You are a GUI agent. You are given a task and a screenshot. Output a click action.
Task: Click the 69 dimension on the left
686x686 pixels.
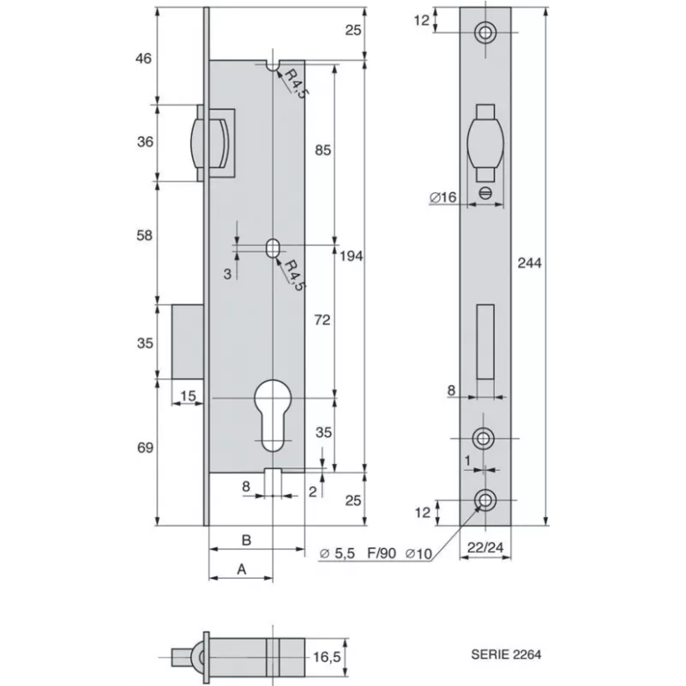pos(145,448)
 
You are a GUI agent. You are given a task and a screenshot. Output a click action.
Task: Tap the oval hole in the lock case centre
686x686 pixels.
pos(272,247)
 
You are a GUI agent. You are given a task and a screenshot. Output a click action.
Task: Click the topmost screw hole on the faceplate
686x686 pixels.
pos(486,32)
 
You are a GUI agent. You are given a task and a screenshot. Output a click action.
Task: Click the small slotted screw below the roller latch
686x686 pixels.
pos(486,193)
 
